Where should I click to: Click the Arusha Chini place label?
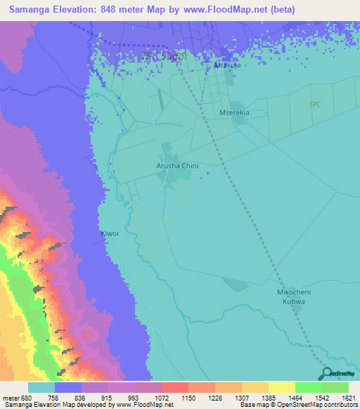177,166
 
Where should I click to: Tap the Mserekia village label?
234,112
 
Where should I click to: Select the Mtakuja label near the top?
227,65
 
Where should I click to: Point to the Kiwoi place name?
110,233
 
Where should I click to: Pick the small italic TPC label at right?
314,105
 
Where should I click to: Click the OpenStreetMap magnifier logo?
325,373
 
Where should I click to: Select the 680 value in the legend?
23,396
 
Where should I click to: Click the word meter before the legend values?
9,396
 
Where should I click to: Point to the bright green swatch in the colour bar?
308,387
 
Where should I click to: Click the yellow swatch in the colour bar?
281,387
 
